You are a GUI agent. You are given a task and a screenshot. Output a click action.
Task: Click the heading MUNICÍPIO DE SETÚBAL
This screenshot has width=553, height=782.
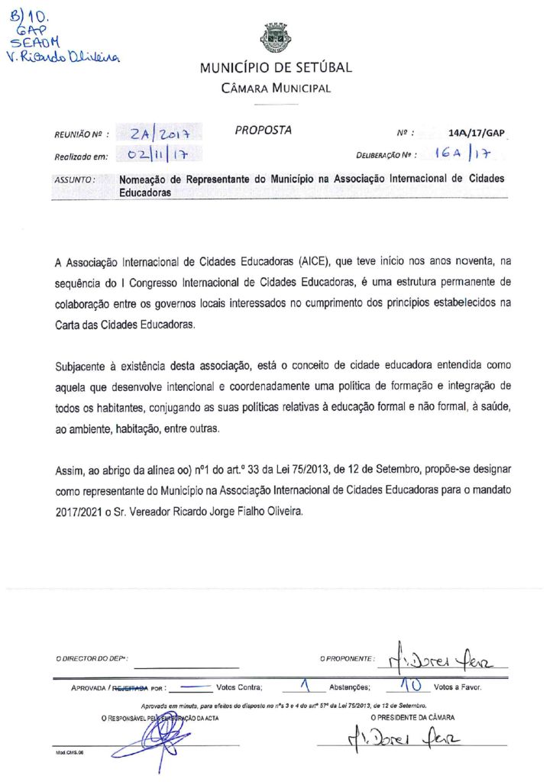pyautogui.click(x=276, y=67)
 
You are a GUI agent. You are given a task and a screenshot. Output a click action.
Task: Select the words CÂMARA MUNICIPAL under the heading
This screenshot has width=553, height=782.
pyautogui.click(x=276, y=89)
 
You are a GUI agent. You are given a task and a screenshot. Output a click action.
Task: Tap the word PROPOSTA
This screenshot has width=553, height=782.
pyautogui.click(x=264, y=130)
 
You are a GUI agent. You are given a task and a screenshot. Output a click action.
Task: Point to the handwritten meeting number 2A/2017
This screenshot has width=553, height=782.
pyautogui.click(x=160, y=134)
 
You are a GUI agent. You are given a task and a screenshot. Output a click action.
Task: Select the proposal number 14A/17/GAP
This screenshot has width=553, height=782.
pyautogui.click(x=477, y=133)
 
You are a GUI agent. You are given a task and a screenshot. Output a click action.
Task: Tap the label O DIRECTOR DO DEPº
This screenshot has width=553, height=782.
pyautogui.click(x=91, y=658)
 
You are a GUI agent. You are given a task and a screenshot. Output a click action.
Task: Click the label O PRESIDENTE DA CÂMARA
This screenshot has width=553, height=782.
pyautogui.click(x=412, y=717)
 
